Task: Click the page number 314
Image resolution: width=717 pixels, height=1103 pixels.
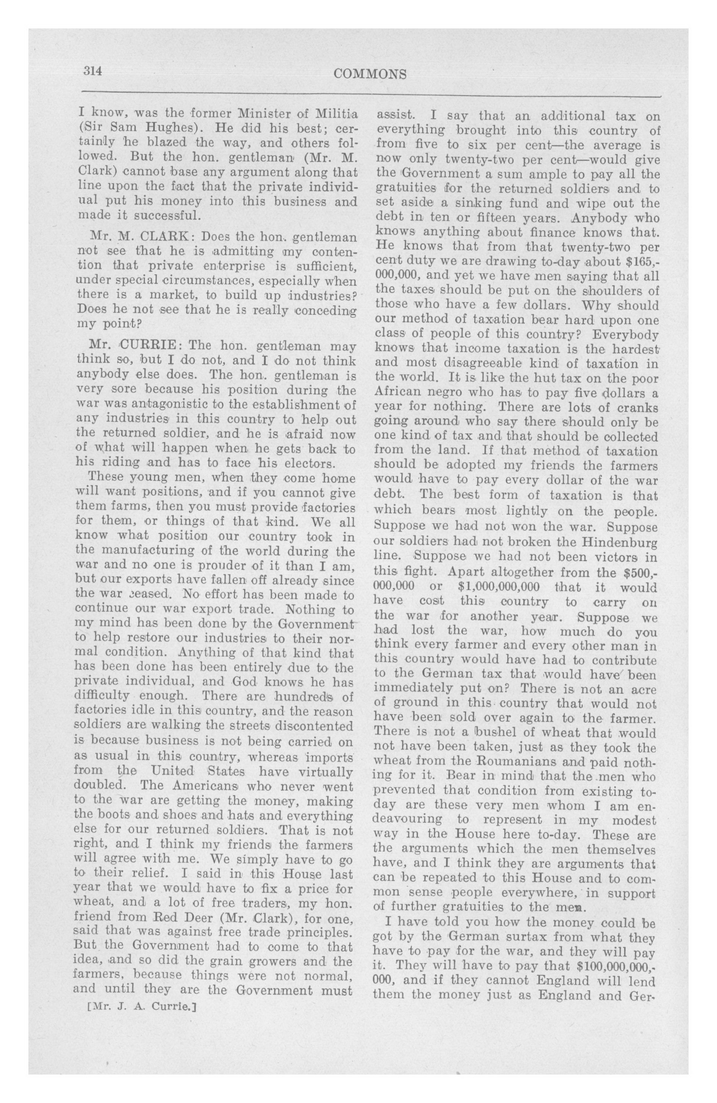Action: [92, 71]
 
